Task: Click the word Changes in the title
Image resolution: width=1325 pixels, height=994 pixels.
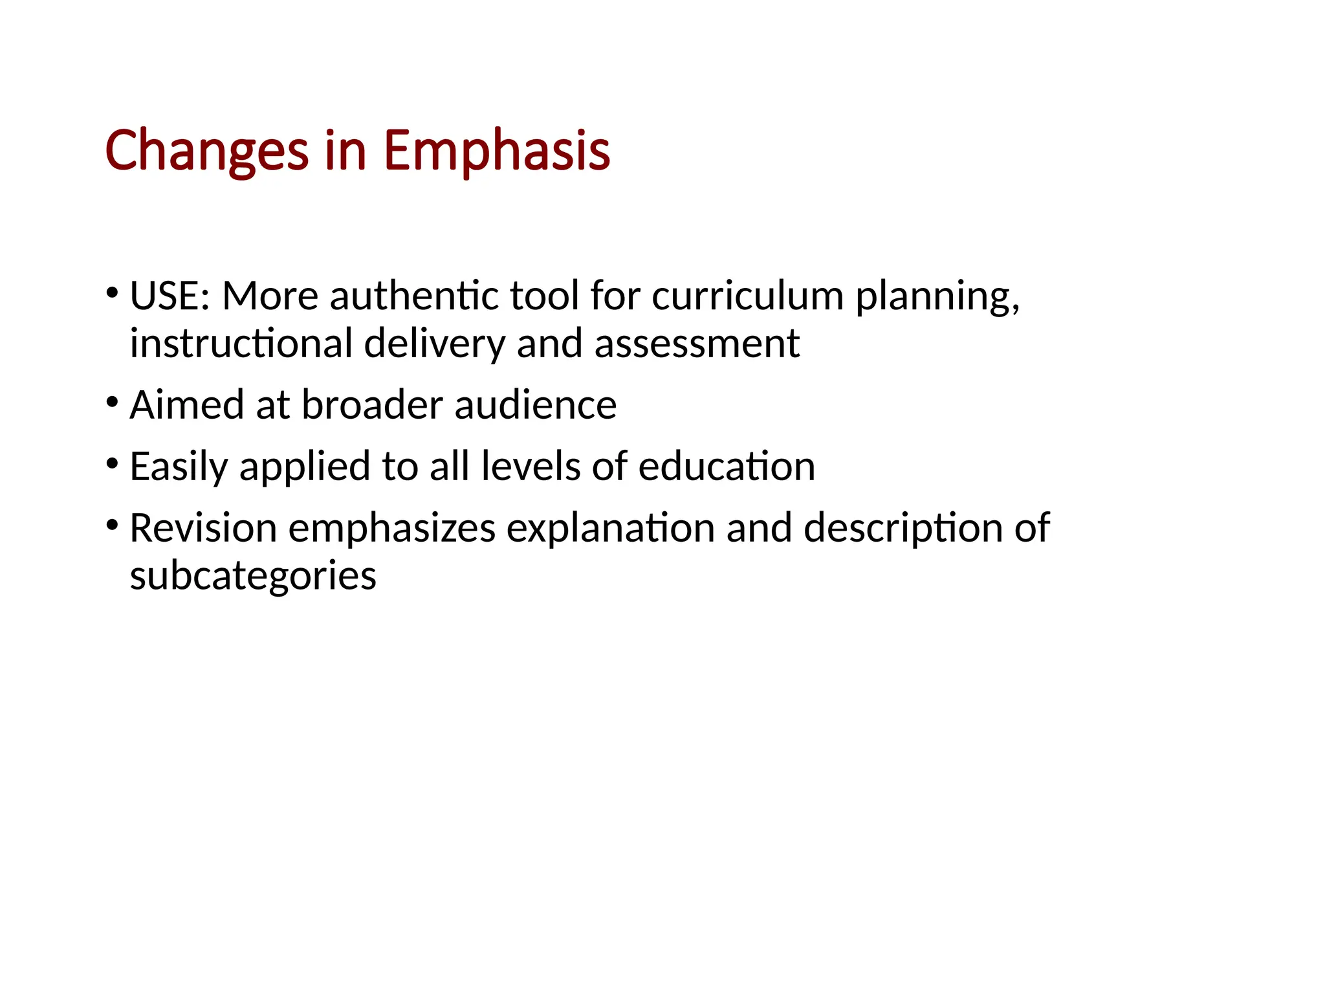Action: (x=206, y=151)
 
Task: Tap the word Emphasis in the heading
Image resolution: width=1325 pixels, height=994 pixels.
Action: (x=496, y=151)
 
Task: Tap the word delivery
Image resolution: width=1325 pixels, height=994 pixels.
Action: (x=434, y=344)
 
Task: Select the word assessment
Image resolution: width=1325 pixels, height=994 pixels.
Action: (x=697, y=344)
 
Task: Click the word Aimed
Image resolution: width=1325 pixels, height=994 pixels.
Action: (x=187, y=405)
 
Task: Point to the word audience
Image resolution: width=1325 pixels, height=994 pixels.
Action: (x=535, y=405)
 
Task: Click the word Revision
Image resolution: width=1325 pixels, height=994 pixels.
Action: (x=203, y=528)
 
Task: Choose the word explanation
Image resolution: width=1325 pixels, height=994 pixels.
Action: (x=610, y=529)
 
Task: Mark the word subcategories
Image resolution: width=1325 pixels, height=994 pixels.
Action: (x=253, y=576)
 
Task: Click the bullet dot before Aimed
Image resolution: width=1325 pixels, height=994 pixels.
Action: (x=113, y=403)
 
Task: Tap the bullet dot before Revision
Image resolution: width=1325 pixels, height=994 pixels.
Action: (x=113, y=525)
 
